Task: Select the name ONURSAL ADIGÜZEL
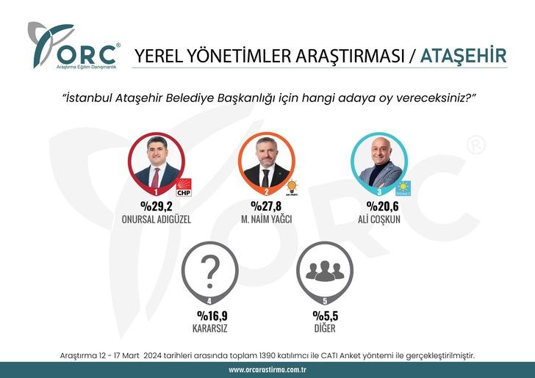pyautogui.click(x=155, y=219)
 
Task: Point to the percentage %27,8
pyautogui.click(x=267, y=206)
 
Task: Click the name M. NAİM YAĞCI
pyautogui.click(x=267, y=219)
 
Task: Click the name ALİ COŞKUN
pyautogui.click(x=379, y=219)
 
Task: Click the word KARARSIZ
pyautogui.click(x=209, y=329)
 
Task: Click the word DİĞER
pyautogui.click(x=323, y=329)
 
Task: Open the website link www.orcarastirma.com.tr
pyautogui.click(x=267, y=370)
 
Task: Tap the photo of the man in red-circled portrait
pyautogui.click(x=156, y=162)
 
